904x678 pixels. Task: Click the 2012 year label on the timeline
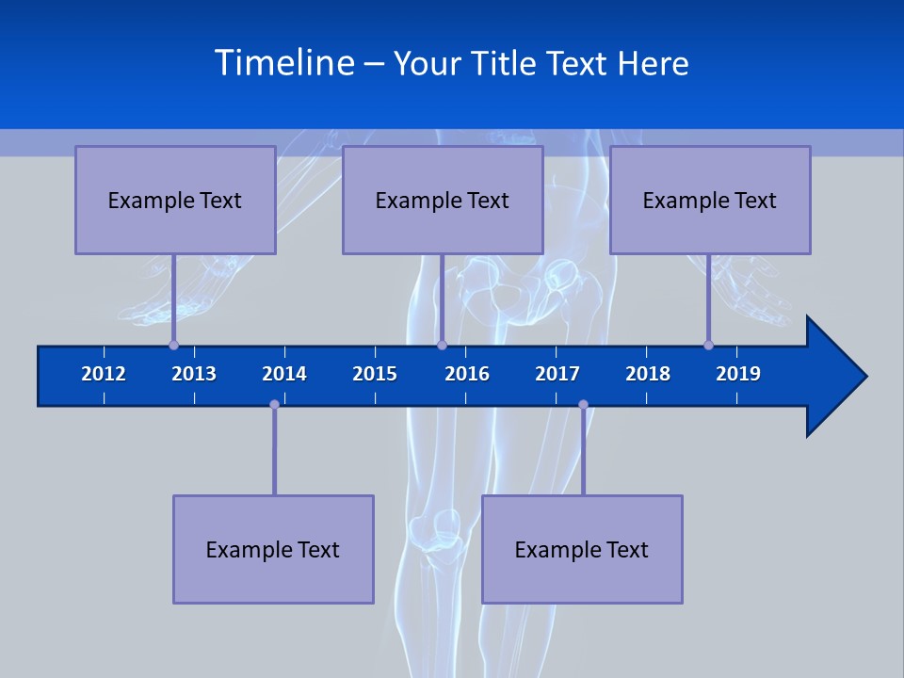(104, 374)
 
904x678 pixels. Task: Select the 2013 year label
(194, 374)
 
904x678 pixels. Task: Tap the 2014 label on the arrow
(284, 374)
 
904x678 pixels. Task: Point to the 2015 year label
(375, 374)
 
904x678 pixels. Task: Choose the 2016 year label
(467, 374)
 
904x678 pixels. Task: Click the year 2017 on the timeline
(557, 374)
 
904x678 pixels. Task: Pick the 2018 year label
(648, 374)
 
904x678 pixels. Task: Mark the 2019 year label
(738, 374)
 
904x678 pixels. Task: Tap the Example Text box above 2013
(175, 200)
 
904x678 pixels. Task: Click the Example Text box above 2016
(443, 200)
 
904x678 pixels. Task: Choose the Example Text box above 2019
(710, 200)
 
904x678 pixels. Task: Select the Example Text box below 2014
(273, 549)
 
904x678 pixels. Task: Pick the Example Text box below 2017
(582, 549)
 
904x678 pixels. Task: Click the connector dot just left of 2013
(173, 345)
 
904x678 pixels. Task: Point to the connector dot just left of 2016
(442, 345)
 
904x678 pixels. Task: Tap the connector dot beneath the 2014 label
(274, 405)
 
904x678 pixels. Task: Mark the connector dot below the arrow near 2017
(583, 405)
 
